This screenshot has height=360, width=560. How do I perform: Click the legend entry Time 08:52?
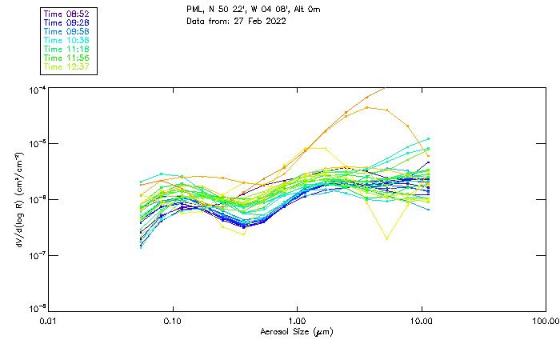coord(66,14)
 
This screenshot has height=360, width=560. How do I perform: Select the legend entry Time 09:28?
coord(66,22)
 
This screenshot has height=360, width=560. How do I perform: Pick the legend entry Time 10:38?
coord(66,40)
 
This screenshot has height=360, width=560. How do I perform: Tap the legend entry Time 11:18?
coord(66,49)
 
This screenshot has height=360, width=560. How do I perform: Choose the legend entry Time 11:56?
coord(66,58)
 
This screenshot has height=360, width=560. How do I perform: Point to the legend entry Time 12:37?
coord(66,66)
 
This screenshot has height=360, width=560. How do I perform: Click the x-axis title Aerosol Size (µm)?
coord(297,331)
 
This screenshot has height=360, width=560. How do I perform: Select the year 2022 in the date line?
coord(274,20)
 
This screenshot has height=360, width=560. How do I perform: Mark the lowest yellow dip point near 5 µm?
coord(387,238)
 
